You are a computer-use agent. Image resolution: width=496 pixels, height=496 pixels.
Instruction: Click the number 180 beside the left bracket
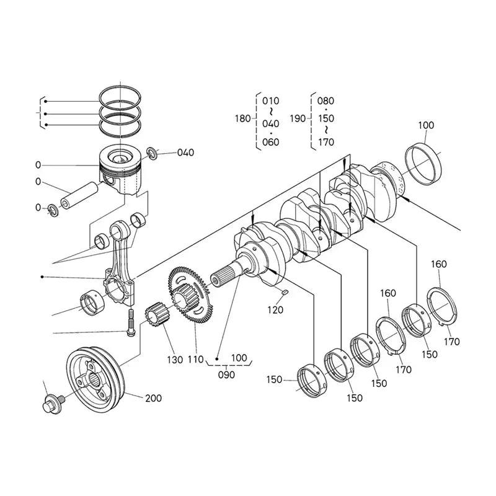pyautogui.click(x=244, y=118)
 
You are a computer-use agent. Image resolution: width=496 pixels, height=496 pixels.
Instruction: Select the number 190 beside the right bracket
pyautogui.click(x=298, y=118)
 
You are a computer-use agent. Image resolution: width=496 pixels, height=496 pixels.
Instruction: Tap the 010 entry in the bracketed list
pyautogui.click(x=271, y=100)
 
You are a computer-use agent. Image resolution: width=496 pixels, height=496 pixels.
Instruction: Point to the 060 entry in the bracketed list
pyautogui.click(x=271, y=142)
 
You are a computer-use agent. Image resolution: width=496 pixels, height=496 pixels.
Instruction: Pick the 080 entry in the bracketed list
pyautogui.click(x=325, y=100)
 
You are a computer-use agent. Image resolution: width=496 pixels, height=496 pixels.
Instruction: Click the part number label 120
pyautogui.click(x=275, y=309)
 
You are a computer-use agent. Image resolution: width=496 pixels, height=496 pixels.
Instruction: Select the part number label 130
pyautogui.click(x=174, y=360)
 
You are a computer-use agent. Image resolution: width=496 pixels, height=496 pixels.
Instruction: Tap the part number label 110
pyautogui.click(x=196, y=360)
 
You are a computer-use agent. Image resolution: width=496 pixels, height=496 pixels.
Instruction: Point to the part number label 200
pyautogui.click(x=153, y=398)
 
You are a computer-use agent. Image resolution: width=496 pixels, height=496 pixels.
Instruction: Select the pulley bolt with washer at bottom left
pyautogui.click(x=52, y=404)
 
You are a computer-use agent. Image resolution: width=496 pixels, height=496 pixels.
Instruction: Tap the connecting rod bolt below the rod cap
pyautogui.click(x=130, y=325)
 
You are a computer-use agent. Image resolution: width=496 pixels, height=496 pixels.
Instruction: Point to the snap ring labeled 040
pyautogui.click(x=152, y=153)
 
